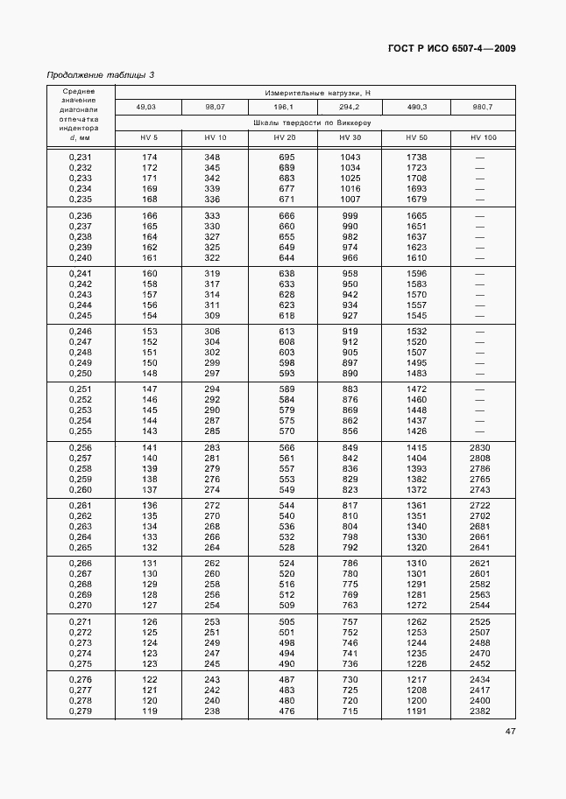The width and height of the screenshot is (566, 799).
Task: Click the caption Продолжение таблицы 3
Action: pyautogui.click(x=100, y=75)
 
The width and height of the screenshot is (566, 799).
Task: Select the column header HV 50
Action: pyautogui.click(x=416, y=138)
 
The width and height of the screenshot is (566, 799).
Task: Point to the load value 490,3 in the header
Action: pyautogui.click(x=416, y=107)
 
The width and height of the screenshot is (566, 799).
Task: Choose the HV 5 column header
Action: pyautogui.click(x=149, y=138)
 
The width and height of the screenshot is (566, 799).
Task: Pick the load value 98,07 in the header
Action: pyautogui.click(x=215, y=107)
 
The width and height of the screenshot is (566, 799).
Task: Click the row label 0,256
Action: pyautogui.click(x=81, y=448)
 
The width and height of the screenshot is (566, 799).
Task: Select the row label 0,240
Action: pyautogui.click(x=81, y=258)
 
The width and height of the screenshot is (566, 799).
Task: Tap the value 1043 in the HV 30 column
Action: pyautogui.click(x=350, y=158)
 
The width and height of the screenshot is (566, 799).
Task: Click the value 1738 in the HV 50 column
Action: pyautogui.click(x=416, y=158)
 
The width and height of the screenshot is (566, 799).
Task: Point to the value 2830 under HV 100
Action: pyautogui.click(x=480, y=448)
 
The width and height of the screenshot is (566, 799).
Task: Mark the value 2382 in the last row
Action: pyautogui.click(x=480, y=711)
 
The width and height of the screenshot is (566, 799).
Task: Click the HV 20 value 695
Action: pyautogui.click(x=286, y=158)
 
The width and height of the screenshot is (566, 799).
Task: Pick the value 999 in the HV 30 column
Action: pyautogui.click(x=350, y=216)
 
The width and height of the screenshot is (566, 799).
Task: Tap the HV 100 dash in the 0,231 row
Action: pyautogui.click(x=480, y=158)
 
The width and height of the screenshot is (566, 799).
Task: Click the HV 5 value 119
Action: pyautogui.click(x=150, y=711)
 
